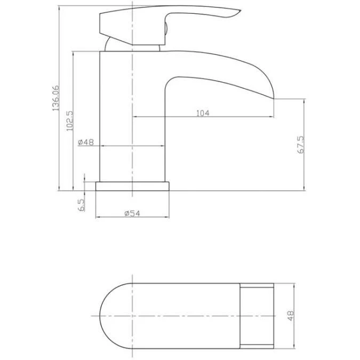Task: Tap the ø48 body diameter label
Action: point(85,142)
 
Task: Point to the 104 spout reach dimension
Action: point(203,113)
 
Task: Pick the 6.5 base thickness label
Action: point(81,205)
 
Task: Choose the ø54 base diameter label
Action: point(131,213)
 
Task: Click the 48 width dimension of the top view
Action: point(291,316)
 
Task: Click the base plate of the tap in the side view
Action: point(132,186)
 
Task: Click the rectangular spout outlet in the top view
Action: point(258,316)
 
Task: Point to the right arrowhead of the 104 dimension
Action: point(271,116)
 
